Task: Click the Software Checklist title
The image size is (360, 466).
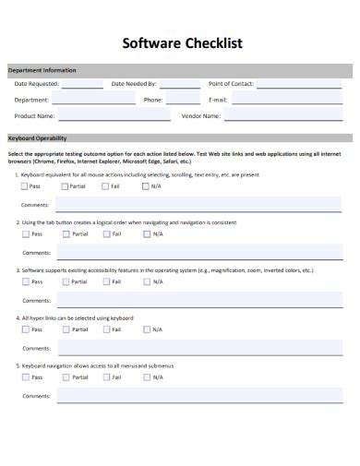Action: click(x=179, y=43)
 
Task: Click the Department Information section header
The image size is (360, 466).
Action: click(x=42, y=70)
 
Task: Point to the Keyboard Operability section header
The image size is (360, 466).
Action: click(x=37, y=138)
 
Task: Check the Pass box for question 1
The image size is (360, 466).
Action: click(x=24, y=186)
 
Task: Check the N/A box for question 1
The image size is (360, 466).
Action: click(x=146, y=186)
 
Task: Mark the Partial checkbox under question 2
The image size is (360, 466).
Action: click(x=65, y=234)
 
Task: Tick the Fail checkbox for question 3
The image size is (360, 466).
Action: click(x=105, y=281)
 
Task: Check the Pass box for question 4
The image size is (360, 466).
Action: click(x=24, y=329)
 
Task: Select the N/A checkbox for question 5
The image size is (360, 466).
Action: click(x=146, y=376)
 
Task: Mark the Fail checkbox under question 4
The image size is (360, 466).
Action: click(x=105, y=329)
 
